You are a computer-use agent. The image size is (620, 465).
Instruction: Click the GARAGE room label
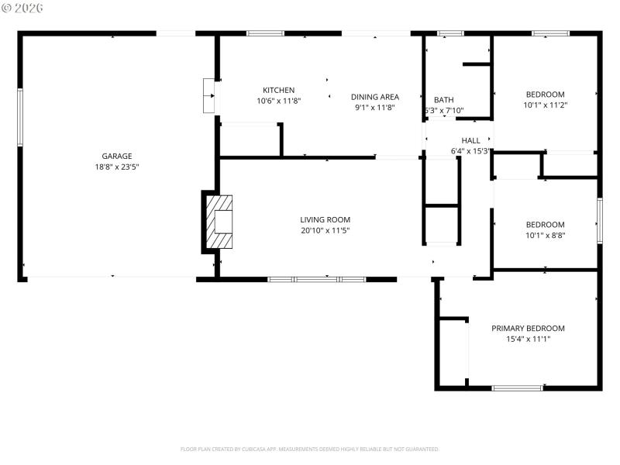point(116,156)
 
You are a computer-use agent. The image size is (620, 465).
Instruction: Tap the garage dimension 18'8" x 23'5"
point(116,167)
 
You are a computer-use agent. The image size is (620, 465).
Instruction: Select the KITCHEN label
point(278,90)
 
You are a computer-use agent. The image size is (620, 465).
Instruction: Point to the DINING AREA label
point(374,97)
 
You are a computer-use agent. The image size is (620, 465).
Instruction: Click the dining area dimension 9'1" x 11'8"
point(374,108)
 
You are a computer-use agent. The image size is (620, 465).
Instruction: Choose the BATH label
point(443,100)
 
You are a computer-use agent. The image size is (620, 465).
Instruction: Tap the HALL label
point(470,140)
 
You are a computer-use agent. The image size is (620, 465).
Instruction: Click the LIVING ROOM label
point(325,219)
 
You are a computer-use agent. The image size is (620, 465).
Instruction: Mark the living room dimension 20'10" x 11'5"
point(325,230)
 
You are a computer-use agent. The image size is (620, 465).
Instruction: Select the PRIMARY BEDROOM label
point(528,328)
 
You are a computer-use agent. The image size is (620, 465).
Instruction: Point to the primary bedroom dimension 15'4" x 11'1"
point(528,339)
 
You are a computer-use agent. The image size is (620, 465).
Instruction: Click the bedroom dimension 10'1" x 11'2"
point(545,105)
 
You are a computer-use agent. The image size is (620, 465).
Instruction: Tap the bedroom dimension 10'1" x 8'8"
point(545,236)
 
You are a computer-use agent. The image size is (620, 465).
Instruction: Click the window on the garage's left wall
point(20,117)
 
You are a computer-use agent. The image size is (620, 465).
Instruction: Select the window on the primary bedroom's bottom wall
point(517,387)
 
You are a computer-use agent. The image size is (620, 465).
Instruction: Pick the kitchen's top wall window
point(265,33)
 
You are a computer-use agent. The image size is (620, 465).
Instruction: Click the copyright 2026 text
point(22,8)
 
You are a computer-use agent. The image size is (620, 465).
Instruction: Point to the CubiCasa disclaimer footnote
point(310,449)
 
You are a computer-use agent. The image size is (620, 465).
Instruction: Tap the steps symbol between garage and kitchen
point(208,95)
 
